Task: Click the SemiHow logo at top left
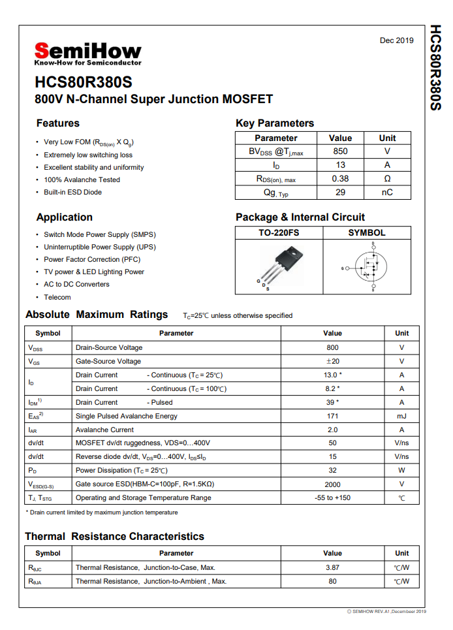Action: (x=87, y=54)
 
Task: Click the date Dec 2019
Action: (x=396, y=40)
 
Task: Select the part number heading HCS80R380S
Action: (x=84, y=83)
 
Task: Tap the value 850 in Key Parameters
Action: (x=340, y=151)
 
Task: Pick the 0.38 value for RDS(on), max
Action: (x=340, y=179)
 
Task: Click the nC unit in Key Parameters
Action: (x=387, y=193)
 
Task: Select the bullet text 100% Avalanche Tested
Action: (x=82, y=180)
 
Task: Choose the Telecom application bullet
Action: (x=57, y=297)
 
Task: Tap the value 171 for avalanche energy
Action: (x=332, y=416)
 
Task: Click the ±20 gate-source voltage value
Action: (x=332, y=361)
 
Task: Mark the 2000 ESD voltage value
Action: (x=332, y=484)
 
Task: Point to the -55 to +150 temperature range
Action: (x=332, y=497)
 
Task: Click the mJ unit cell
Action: (x=401, y=416)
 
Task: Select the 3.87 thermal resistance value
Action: (x=332, y=567)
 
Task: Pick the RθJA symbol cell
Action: (x=35, y=581)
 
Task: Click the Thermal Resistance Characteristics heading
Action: (x=115, y=537)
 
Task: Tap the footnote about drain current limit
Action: (x=102, y=512)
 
